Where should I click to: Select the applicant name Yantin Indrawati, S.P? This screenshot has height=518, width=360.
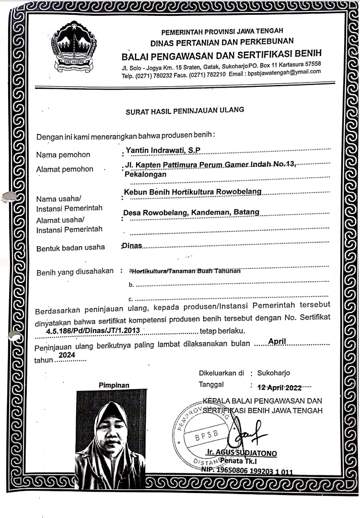[163, 150]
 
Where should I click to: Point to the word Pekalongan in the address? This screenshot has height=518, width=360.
[145, 174]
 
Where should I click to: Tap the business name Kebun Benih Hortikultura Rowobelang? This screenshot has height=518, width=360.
[193, 192]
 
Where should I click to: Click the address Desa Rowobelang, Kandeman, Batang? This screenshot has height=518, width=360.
[191, 212]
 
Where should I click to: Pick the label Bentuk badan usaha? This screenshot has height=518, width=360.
[70, 248]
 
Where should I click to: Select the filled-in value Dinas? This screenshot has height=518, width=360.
[132, 246]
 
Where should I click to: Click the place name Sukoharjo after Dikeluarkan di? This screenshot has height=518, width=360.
[273, 373]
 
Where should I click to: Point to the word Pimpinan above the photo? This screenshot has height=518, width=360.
[114, 384]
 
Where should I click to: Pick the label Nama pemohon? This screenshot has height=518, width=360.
[63, 155]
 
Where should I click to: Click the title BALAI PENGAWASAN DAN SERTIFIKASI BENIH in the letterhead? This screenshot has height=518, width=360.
[221, 53]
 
